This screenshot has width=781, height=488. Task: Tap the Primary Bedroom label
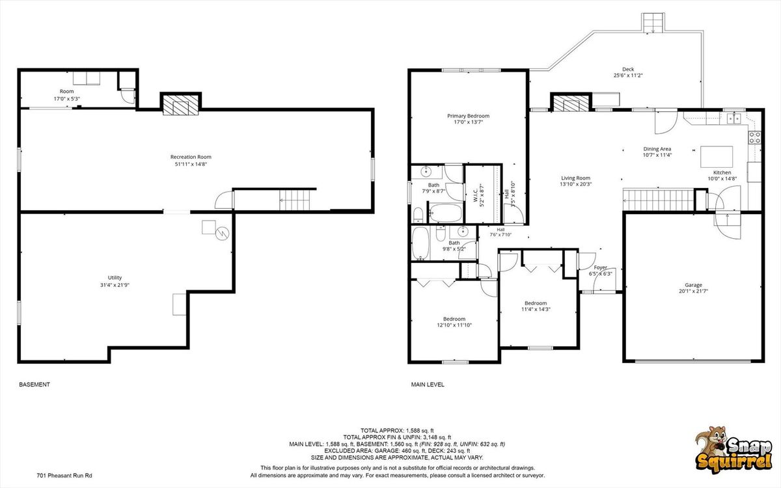coord(468,116)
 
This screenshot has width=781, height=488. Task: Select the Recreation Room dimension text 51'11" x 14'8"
coord(191,164)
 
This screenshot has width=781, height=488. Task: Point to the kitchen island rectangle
coord(717,157)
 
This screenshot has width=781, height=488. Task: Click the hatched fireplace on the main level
coord(569,103)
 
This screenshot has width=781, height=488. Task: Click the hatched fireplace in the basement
coord(181,105)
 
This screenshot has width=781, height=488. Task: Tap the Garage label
coord(693,285)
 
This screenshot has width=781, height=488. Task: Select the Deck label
coord(628,69)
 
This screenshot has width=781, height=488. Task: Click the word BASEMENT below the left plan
coord(34,385)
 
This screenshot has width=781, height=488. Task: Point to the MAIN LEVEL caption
coord(428,385)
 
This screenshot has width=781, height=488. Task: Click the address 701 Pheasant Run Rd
coord(64,476)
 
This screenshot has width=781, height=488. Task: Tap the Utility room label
coord(115,277)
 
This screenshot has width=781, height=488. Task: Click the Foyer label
coord(600,267)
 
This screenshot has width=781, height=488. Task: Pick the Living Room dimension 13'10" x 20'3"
coord(575,184)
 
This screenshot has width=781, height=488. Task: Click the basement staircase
coord(295,200)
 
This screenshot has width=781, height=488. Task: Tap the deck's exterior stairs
coord(653,23)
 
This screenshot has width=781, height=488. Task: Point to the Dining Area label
coord(657,149)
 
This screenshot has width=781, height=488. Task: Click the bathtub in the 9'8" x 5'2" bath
coord(420,243)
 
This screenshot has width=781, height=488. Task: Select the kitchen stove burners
coord(755,137)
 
